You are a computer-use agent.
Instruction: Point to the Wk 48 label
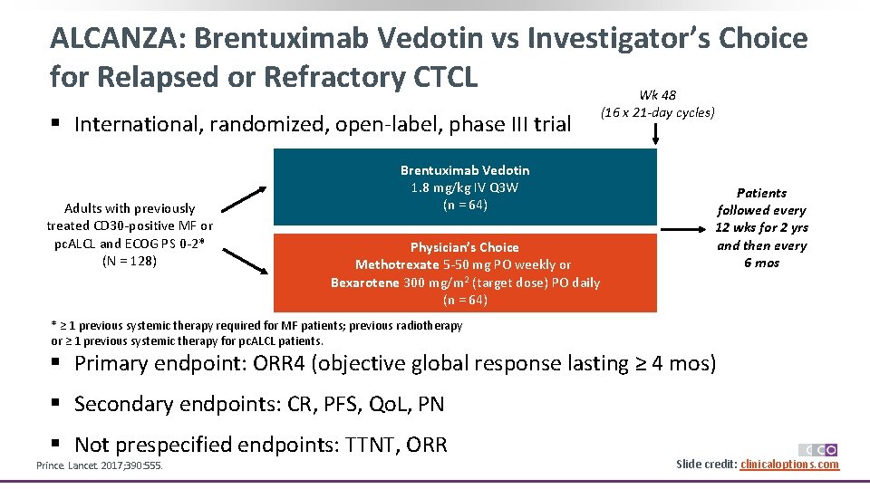point(657,95)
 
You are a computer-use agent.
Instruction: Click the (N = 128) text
point(130,261)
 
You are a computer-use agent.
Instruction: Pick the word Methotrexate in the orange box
point(392,264)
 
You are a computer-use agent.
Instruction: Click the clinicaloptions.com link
point(789,465)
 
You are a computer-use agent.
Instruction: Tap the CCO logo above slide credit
point(817,450)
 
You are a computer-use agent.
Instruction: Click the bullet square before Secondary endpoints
point(55,403)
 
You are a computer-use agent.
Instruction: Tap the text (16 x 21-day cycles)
point(657,112)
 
